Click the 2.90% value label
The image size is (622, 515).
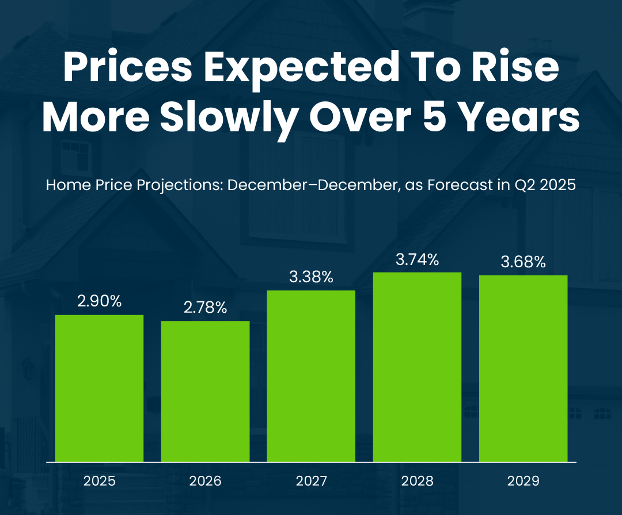point(100,301)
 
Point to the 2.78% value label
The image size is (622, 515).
point(206,307)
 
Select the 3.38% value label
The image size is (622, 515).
point(311,277)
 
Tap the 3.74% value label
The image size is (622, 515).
point(417,259)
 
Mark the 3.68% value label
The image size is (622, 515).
point(523,262)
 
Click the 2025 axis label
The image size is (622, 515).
point(100,481)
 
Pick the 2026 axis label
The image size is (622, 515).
point(206,481)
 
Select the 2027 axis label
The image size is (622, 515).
point(311,481)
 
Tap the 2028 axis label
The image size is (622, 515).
point(417,481)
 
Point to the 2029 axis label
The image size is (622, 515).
point(523,481)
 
